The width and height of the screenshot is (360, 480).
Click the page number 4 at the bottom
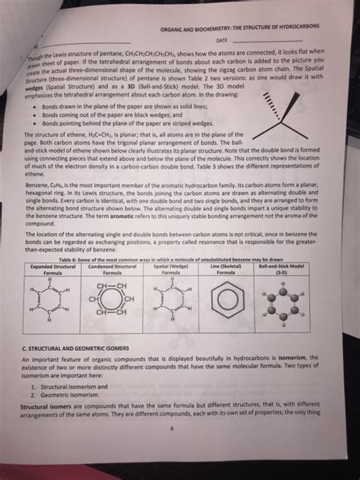coord(172,428)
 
